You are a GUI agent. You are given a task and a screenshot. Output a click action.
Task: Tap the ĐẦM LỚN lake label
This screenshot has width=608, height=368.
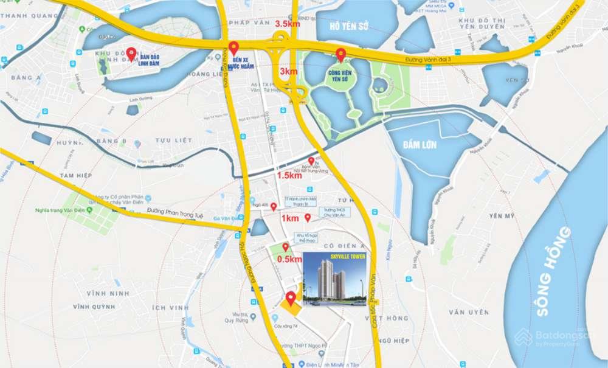pos(420,145)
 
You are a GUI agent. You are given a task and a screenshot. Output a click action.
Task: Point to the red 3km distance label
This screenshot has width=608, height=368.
pos(288,71)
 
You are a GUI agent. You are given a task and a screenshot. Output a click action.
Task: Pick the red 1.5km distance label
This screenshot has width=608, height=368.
pos(289,175)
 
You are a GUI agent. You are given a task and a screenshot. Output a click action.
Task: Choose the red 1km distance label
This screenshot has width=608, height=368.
pos(289,218)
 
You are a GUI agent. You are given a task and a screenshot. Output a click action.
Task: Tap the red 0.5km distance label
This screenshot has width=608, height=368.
pos(289,259)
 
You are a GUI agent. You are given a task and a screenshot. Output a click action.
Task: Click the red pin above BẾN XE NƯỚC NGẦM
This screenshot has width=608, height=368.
pos(234,48)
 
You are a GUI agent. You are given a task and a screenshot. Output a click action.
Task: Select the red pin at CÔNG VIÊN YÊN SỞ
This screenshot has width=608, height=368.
pos(341,54)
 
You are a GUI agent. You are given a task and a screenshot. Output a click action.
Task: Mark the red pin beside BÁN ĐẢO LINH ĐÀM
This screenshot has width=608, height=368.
pos(131,52)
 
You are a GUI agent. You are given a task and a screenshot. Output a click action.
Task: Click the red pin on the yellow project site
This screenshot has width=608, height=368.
pos(291,298)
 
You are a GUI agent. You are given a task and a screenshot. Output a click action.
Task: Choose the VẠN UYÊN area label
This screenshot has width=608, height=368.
pos(469,312)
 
